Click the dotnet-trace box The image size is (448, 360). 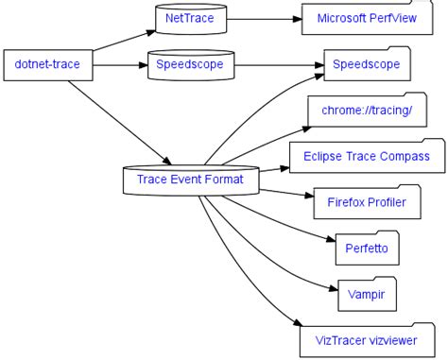pyautogui.click(x=47, y=64)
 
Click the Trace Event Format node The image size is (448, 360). pyautogui.click(x=190, y=179)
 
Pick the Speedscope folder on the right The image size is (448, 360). pyautogui.click(x=366, y=65)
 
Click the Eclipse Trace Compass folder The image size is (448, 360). pyautogui.click(x=366, y=157)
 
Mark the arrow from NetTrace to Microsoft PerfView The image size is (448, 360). pyautogui.click(x=265, y=17)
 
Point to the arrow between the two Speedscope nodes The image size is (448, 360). pyautogui.click(x=274, y=65)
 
